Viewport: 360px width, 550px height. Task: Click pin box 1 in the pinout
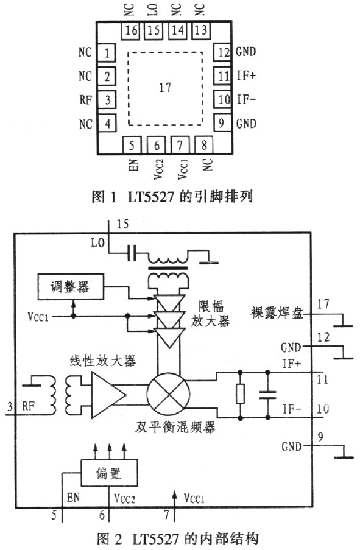[108, 53]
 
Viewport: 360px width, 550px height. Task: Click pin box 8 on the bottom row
[204, 145]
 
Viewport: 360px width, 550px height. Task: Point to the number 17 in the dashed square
[164, 88]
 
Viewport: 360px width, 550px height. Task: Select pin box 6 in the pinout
[157, 145]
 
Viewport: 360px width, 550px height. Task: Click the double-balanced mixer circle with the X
[168, 393]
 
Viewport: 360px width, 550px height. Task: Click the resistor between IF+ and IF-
[241, 394]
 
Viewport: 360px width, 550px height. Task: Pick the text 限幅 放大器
[213, 316]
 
